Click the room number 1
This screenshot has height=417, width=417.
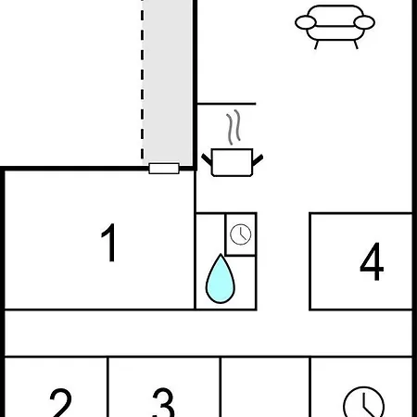click(x=109, y=243)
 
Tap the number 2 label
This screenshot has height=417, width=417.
click(x=61, y=402)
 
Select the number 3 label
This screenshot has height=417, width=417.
click(x=164, y=402)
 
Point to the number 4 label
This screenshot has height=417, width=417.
click(x=372, y=261)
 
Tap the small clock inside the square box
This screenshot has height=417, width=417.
click(x=241, y=234)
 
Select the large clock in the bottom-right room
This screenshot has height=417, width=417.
click(x=364, y=402)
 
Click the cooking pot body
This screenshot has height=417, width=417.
click(x=233, y=162)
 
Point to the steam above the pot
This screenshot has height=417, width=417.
click(x=234, y=127)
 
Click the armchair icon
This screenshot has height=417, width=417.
click(x=335, y=27)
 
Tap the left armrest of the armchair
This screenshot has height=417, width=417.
click(x=306, y=22)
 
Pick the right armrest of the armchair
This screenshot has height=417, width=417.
click(x=364, y=22)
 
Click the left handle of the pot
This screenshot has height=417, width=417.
click(x=207, y=159)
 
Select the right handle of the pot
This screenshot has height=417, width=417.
click(x=258, y=160)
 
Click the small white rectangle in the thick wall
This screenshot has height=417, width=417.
click(x=164, y=169)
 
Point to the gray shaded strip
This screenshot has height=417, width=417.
click(x=168, y=82)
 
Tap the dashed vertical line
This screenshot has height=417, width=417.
click(x=142, y=80)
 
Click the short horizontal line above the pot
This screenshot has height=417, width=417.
click(x=227, y=104)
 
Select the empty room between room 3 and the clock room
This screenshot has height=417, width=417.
click(x=265, y=387)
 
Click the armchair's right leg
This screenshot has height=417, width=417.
click(x=356, y=44)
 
